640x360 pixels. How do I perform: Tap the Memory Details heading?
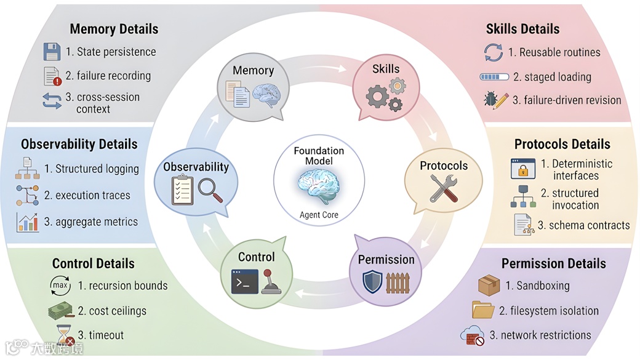click(x=114, y=29)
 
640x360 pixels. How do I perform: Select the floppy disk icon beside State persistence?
click(x=52, y=52)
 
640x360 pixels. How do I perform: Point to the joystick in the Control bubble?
click(x=270, y=282)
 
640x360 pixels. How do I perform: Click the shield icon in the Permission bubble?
click(x=373, y=282)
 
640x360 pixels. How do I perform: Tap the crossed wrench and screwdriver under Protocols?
click(x=443, y=187)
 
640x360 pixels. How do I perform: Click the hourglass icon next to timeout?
click(x=63, y=336)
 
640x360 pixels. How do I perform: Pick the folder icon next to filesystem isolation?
click(x=483, y=310)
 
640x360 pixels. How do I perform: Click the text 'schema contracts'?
click(x=583, y=225)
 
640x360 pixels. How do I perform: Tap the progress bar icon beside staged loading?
click(x=493, y=78)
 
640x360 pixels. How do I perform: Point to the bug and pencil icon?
click(x=495, y=100)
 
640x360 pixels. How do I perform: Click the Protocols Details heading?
click(x=562, y=144)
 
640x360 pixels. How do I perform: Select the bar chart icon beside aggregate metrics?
click(x=28, y=222)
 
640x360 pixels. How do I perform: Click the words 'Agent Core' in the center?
click(x=319, y=215)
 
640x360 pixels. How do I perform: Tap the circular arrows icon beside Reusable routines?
click(x=494, y=52)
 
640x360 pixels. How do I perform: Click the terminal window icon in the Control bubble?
click(x=244, y=282)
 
